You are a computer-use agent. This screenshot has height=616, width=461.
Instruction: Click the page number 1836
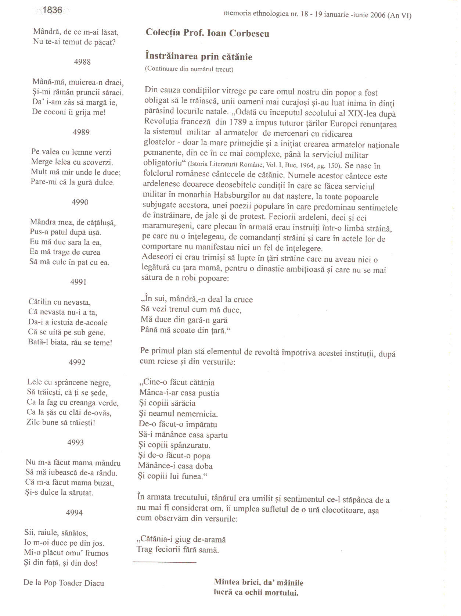pos(52,10)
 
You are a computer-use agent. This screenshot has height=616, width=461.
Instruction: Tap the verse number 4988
pos(82,62)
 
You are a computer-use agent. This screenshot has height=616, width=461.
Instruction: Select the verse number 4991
pos(79,282)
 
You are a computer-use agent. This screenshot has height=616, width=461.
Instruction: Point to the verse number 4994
pos(74,512)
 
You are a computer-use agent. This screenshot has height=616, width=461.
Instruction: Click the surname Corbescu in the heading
pos(249,33)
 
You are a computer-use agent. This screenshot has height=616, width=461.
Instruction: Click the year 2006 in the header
pos(378,15)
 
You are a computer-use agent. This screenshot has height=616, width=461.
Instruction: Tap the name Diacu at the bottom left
pos(94,583)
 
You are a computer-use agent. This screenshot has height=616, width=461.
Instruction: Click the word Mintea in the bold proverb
pos(226,582)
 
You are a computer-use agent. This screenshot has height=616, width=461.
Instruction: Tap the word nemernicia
pos(198,414)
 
